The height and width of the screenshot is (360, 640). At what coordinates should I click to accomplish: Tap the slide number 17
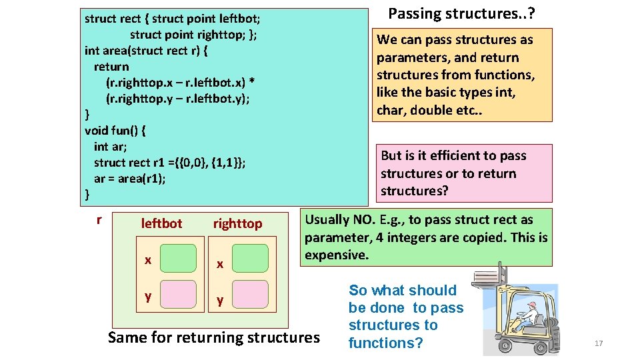pos(598,343)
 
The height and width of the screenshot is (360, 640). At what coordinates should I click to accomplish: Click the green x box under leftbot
pos(178,258)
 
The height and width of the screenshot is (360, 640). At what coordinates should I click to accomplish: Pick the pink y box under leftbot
pos(178,295)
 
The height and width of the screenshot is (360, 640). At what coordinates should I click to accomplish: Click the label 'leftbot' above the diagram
pos(161,223)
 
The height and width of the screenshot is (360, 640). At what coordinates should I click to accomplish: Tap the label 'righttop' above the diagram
pos(237,223)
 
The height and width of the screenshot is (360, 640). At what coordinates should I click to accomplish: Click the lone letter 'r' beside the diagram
pos(99,219)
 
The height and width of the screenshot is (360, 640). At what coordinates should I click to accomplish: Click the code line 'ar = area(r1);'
pos(130,179)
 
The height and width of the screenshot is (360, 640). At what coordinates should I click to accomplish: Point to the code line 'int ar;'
pos(111,147)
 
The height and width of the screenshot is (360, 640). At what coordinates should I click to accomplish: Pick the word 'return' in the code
pos(111,67)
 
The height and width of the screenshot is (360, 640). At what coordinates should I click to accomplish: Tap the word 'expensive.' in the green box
pos(336,255)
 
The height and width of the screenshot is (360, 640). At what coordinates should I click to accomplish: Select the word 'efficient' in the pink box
pos(459,156)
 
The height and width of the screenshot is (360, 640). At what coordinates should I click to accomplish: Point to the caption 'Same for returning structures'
pos(213,337)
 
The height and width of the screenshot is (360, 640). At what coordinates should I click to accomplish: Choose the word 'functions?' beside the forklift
pos(385,343)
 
